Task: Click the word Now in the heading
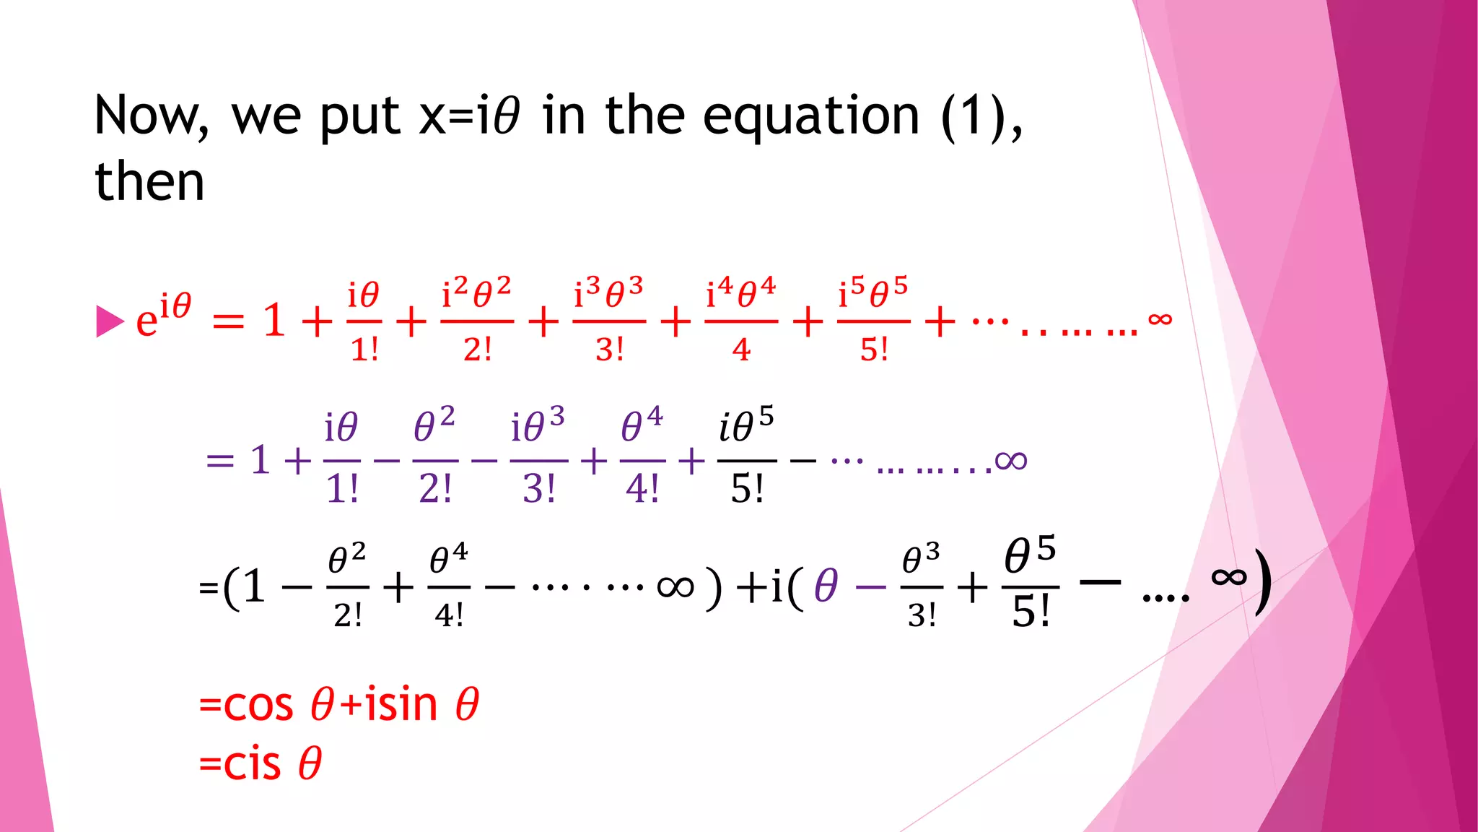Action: pos(152,116)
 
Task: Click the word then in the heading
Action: pos(149,181)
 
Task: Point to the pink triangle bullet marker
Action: pos(110,321)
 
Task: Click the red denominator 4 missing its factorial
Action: pos(741,350)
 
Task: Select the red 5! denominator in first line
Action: pos(873,350)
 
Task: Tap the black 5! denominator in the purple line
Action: pos(747,489)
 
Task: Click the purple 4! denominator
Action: pos(642,489)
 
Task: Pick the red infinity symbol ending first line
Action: pos(1160,318)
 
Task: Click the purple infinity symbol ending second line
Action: pos(1010,460)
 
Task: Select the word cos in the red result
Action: pos(258,705)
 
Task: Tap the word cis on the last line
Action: pos(252,764)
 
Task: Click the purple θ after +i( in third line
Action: pos(826,586)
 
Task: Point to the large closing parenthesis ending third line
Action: pos(1262,582)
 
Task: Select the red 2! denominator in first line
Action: pos(477,350)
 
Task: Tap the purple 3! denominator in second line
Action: pos(539,489)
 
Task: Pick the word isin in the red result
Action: pos(401,705)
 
